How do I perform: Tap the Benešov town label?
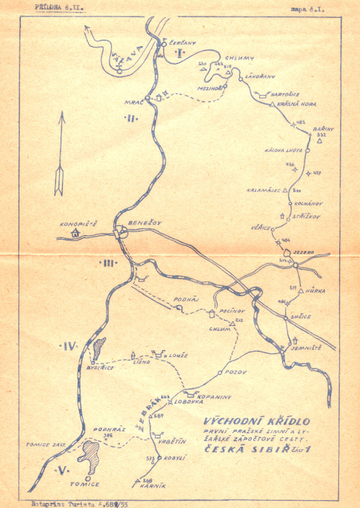click(x=143, y=223)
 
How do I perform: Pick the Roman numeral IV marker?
click(x=69, y=347)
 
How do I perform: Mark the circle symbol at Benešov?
click(x=119, y=232)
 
